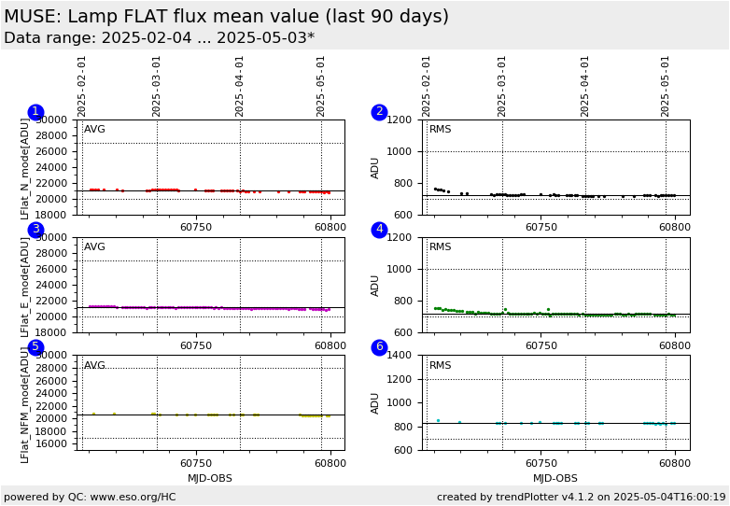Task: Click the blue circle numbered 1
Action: click(x=35, y=112)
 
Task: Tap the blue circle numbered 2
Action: click(x=379, y=112)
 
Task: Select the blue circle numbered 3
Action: click(x=35, y=230)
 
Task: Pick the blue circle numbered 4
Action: click(x=379, y=230)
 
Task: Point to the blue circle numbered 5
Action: click(x=35, y=347)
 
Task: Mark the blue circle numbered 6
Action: click(x=379, y=347)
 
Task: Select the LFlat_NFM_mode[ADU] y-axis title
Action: click(x=26, y=405)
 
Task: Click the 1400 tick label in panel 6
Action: click(x=400, y=356)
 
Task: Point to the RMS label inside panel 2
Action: click(x=440, y=130)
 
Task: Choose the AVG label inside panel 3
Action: click(x=94, y=247)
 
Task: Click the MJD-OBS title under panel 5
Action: click(x=210, y=478)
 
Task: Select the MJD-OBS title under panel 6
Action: click(x=555, y=478)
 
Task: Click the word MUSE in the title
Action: click(x=31, y=17)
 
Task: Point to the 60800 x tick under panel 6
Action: click(x=674, y=463)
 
